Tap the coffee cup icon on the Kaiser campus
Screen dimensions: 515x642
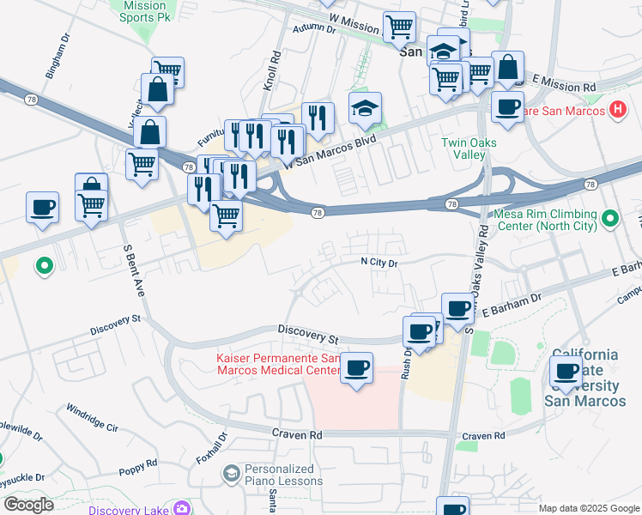point(356,368)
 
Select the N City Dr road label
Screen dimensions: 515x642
point(379,264)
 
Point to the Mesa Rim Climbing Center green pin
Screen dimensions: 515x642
point(610,219)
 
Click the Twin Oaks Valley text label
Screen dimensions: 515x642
point(463,148)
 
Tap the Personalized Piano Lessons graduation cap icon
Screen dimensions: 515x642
point(231,474)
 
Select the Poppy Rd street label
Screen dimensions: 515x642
point(138,467)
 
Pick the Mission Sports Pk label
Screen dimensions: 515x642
point(144,10)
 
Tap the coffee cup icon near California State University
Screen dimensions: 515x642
point(566,372)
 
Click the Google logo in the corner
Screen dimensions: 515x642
point(27,504)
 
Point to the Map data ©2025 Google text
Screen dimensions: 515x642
point(589,508)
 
